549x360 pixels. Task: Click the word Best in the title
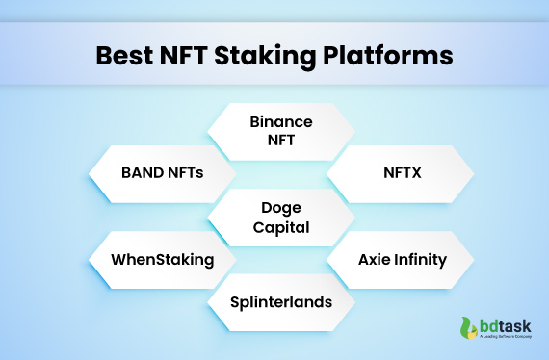pos(127,53)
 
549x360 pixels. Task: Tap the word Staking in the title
pos(273,53)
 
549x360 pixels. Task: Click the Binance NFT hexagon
pos(281,131)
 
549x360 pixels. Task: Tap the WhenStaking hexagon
pos(161,259)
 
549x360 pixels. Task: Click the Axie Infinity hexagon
pos(400,259)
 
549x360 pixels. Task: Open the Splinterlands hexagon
pos(281,301)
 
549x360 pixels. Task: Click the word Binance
pos(281,122)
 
